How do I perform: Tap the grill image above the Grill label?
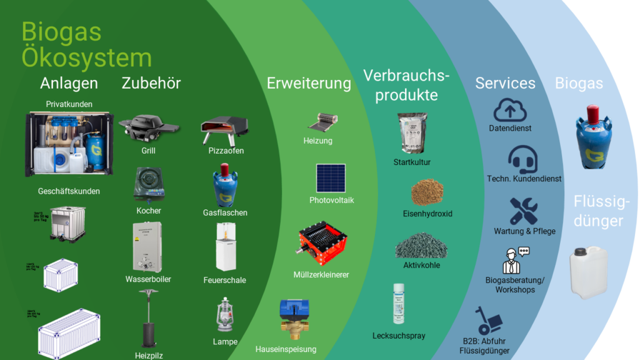tap(148, 127)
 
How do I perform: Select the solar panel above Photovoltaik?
tap(331, 178)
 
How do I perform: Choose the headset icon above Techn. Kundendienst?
tap(523, 159)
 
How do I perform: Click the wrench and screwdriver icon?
tap(523, 211)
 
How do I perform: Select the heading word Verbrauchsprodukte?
tap(406, 86)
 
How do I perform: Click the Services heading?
tap(505, 83)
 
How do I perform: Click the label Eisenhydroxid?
tap(427, 214)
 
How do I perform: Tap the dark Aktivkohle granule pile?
tap(421, 246)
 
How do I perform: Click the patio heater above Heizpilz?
tap(149, 318)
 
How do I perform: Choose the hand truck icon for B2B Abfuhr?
tap(488, 321)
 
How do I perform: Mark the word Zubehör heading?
tap(151, 83)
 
